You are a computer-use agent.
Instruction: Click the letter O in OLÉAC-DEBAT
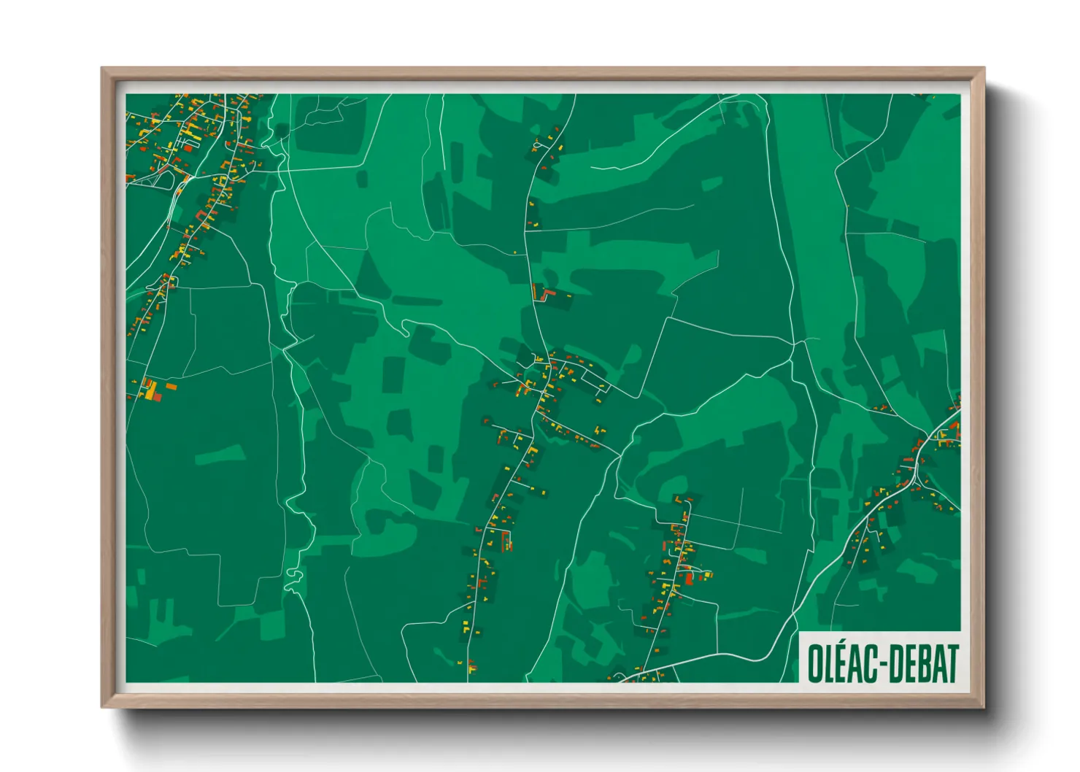pos(816,664)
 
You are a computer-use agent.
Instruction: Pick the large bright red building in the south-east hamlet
pos(688,579)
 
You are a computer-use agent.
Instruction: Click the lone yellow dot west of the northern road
pos(515,252)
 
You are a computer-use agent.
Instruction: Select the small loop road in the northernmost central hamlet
pos(540,146)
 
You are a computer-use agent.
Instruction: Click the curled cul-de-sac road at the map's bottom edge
pos(620,677)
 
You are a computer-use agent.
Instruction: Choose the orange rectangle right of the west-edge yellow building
pos(171,386)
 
